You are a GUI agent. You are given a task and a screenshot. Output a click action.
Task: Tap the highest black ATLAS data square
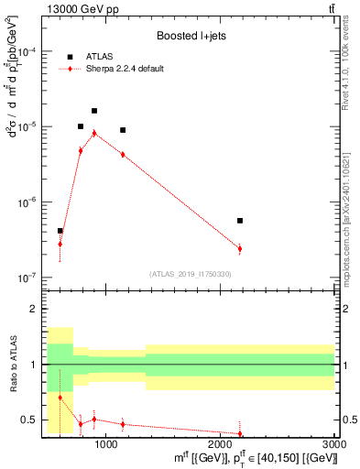[x=94, y=111]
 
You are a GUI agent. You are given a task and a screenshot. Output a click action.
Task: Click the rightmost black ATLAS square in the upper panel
[x=240, y=221]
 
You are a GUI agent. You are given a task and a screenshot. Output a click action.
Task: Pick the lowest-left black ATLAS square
[x=60, y=231]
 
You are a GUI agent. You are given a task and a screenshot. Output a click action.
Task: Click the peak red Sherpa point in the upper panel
[x=94, y=133]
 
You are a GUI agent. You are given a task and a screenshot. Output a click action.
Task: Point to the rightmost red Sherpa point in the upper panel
[x=240, y=248]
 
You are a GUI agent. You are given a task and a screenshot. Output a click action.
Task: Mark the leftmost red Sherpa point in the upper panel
[x=60, y=244]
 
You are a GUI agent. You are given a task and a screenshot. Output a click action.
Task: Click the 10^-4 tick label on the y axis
[x=29, y=51]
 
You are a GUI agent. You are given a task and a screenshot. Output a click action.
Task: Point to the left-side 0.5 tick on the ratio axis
[x=29, y=420]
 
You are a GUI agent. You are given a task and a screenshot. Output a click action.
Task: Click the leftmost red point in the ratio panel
[x=60, y=398]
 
